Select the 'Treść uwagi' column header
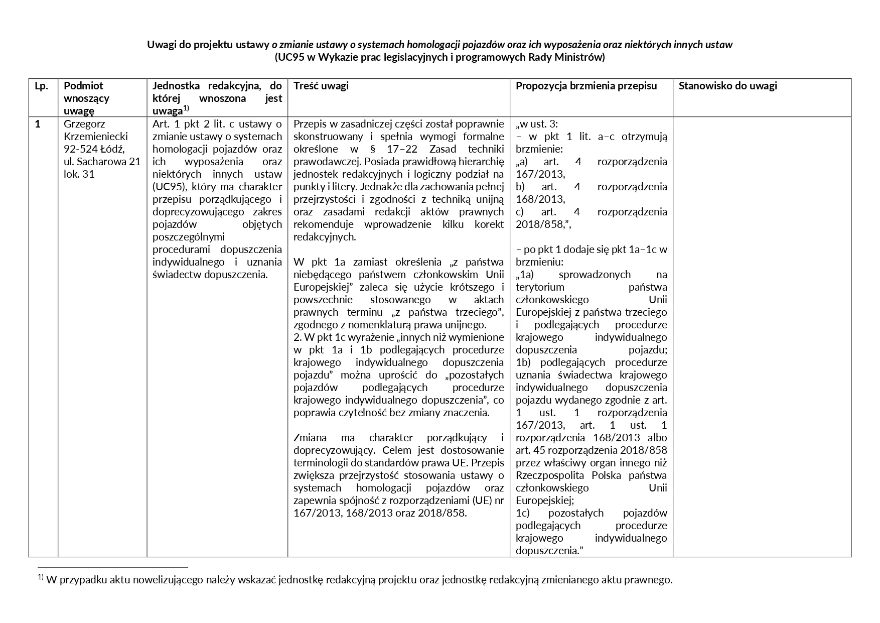coord(321,86)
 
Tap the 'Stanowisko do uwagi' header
coord(727,86)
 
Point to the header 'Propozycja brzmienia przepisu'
coord(586,86)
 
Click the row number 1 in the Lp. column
coord(38,124)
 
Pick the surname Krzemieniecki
coord(96,137)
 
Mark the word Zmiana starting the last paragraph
coord(309,438)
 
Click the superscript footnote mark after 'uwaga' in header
coord(186,109)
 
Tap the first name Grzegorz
coord(84,124)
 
